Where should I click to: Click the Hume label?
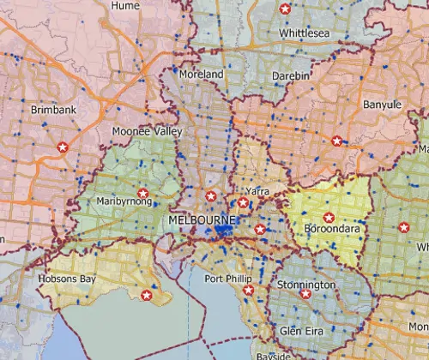(x=125, y=5)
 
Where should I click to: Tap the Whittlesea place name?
(x=304, y=33)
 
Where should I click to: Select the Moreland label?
(x=201, y=75)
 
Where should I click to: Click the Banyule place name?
(x=382, y=105)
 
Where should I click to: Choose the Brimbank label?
(x=53, y=111)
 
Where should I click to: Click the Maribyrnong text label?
(x=125, y=202)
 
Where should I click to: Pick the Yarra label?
(x=257, y=189)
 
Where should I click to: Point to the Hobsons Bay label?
(x=63, y=279)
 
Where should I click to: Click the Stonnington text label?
(x=306, y=284)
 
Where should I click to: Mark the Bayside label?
(x=276, y=354)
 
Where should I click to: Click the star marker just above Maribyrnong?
(x=143, y=192)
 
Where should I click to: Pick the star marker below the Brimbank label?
(x=62, y=147)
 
